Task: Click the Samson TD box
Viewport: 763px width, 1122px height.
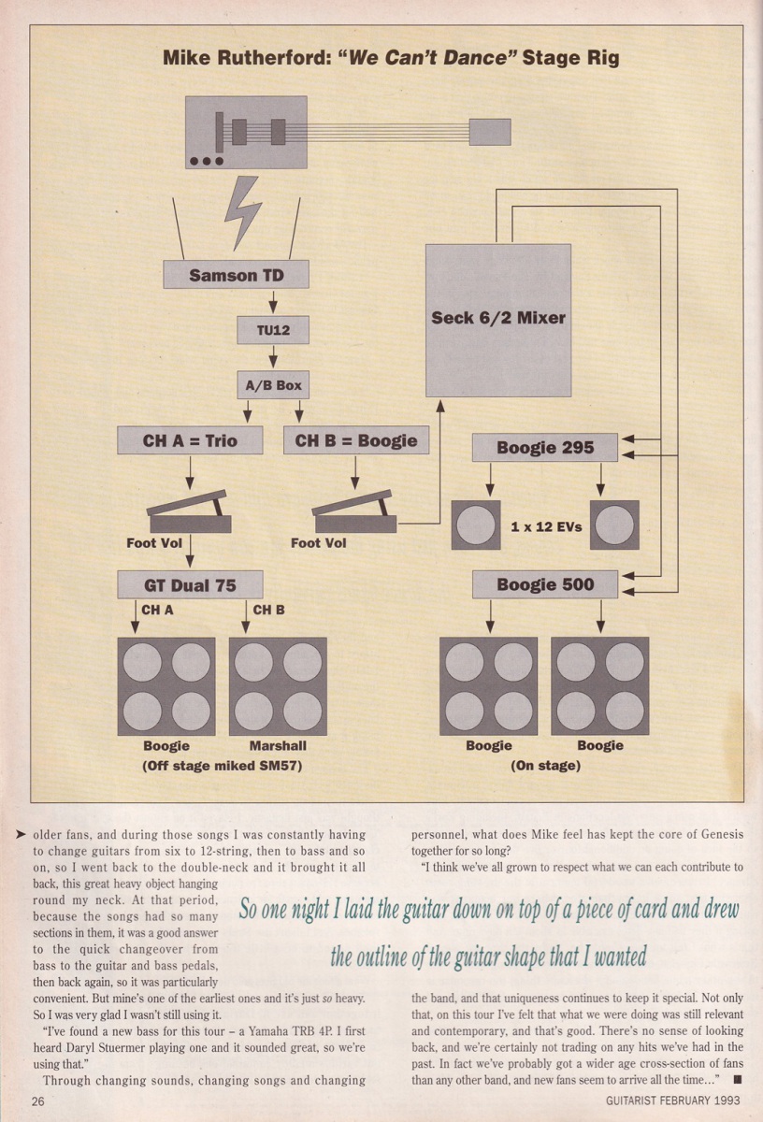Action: tap(236, 276)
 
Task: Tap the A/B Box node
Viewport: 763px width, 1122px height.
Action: tap(272, 385)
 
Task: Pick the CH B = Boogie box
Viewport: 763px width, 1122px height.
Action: tap(356, 439)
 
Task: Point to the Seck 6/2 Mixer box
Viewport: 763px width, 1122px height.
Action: tap(497, 319)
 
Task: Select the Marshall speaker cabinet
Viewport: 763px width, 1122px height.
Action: tap(278, 686)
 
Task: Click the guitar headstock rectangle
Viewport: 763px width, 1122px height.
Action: tap(489, 132)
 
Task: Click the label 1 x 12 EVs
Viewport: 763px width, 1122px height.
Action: tap(546, 526)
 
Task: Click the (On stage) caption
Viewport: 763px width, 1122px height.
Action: tap(545, 765)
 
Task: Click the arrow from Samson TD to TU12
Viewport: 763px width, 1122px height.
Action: tap(272, 303)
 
